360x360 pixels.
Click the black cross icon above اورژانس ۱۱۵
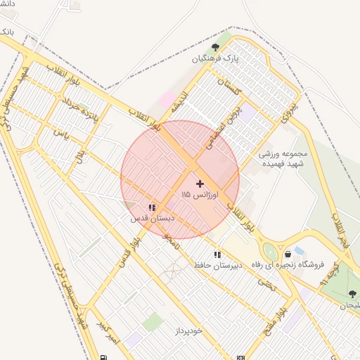pyautogui.click(x=200, y=183)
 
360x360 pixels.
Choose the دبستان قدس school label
pyautogui.click(x=152, y=218)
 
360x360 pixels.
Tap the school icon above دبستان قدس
pyautogui.click(x=151, y=207)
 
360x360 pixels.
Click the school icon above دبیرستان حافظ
pyautogui.click(x=217, y=255)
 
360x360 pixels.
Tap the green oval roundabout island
pyautogui.click(x=270, y=250)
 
